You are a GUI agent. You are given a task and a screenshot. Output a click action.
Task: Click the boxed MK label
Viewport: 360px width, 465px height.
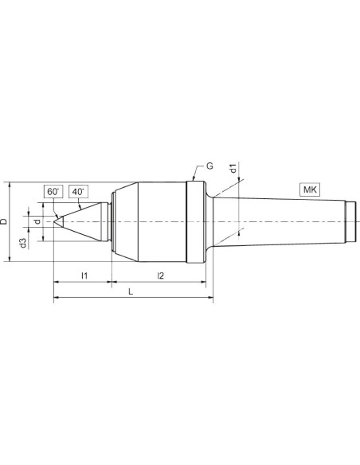pos(310,190)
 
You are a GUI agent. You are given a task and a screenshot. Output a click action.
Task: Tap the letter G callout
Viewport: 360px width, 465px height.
pos(209,166)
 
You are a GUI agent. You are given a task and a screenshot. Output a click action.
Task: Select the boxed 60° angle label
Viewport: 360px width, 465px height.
pos(53,192)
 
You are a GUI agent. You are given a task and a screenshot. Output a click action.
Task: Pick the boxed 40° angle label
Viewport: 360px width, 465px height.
pos(78,192)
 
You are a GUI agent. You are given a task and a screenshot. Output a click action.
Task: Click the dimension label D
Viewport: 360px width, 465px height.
pos(4,221)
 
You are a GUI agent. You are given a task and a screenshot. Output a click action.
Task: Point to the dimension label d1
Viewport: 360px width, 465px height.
pos(233,168)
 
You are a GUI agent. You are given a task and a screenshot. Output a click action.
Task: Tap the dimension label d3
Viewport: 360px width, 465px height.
pos(23,243)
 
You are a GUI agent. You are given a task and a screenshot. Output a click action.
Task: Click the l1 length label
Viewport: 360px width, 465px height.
pos(84,275)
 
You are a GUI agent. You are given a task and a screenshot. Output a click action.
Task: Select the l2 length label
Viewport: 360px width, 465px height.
pos(160,275)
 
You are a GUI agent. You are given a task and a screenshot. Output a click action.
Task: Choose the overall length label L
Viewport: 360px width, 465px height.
pos(131,291)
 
